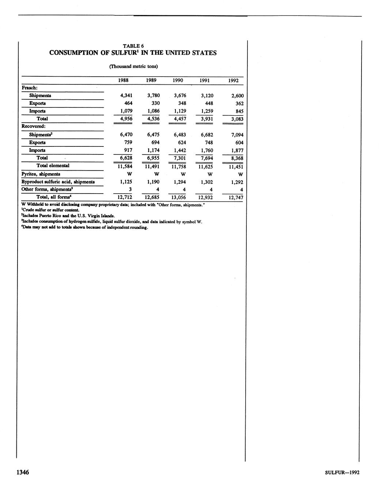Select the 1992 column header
click(x=233, y=81)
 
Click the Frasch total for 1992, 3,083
click(x=237, y=119)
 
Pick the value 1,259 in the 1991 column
click(x=207, y=111)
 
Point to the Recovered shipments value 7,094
click(x=237, y=135)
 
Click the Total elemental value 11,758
click(x=179, y=167)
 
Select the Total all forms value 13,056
click(x=179, y=198)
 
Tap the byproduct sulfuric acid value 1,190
click(x=153, y=182)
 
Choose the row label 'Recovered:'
click(x=33, y=126)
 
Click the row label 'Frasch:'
click(x=30, y=88)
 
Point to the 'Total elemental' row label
click(x=53, y=166)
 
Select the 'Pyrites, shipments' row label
click(x=41, y=174)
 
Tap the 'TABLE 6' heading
click(x=133, y=46)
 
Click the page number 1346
click(x=22, y=473)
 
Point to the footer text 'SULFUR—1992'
click(x=342, y=473)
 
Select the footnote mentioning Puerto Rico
click(x=68, y=216)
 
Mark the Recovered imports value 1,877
click(x=237, y=150)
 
